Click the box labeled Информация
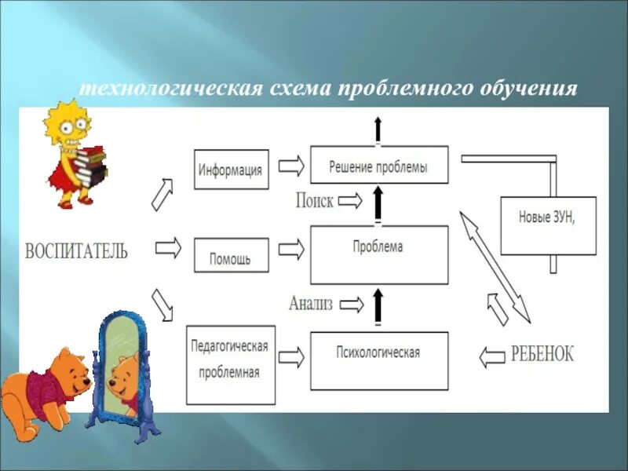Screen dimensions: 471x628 pyautogui.click(x=231, y=169)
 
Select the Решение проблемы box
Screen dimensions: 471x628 pyautogui.click(x=379, y=166)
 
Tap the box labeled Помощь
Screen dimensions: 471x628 pyautogui.click(x=231, y=256)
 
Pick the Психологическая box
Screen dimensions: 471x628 pyautogui.click(x=379, y=360)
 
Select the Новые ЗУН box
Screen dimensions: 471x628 pyautogui.click(x=547, y=225)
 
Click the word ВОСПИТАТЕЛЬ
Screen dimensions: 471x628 pyautogui.click(x=76, y=251)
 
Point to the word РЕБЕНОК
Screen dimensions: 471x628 pyautogui.click(x=542, y=354)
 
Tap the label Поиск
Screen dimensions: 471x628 pyautogui.click(x=314, y=200)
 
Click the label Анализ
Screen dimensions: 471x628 pyautogui.click(x=312, y=301)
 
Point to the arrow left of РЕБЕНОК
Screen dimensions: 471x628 pyautogui.click(x=492, y=357)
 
